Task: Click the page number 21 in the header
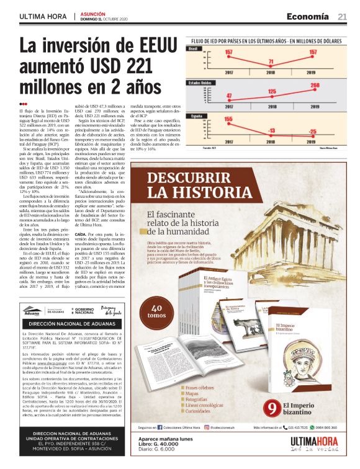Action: pyautogui.click(x=342, y=17)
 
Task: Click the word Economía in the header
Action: pyautogui.click(x=308, y=17)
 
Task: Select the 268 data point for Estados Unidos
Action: pyautogui.click(x=315, y=86)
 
